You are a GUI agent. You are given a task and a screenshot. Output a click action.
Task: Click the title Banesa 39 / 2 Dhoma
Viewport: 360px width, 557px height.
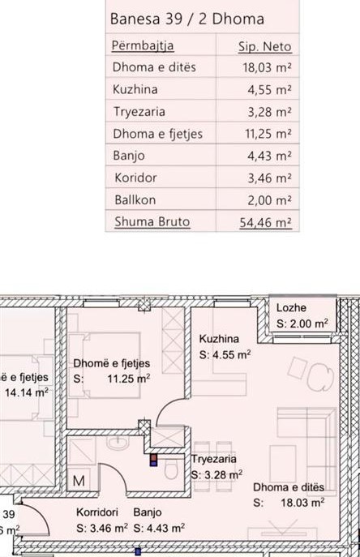[187, 19]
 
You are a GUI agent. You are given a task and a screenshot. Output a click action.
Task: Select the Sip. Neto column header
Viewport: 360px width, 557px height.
[265, 46]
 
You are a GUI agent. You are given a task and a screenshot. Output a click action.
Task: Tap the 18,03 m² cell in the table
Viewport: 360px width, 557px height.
[268, 67]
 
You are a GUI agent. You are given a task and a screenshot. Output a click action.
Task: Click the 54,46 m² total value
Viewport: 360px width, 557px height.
[265, 222]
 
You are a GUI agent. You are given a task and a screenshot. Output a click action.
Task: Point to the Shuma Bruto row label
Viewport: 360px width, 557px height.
[152, 221]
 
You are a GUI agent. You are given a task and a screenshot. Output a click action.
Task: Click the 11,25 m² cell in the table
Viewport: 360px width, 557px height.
[268, 134]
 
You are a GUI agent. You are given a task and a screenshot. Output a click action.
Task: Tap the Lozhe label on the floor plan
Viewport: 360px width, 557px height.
[291, 307]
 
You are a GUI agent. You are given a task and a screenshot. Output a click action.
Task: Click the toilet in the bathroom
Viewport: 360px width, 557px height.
[171, 469]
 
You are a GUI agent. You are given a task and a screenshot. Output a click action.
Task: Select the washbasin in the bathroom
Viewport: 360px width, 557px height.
[118, 442]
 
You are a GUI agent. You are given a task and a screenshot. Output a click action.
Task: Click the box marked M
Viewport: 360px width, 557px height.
[79, 480]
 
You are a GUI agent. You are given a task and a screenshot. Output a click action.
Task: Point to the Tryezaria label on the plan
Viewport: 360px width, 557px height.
[213, 459]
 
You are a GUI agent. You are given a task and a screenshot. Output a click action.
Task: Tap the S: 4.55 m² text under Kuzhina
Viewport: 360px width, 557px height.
[225, 354]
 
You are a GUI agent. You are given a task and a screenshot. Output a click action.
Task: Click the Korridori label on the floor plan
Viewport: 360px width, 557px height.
[97, 512]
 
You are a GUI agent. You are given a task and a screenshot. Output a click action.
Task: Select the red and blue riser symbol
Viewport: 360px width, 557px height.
[153, 460]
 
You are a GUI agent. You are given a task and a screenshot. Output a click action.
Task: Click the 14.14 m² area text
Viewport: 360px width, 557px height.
[27, 392]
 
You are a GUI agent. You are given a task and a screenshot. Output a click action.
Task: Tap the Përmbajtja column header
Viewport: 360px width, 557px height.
[143, 46]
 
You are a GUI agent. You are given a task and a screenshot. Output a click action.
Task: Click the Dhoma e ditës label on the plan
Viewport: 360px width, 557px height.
[289, 487]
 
